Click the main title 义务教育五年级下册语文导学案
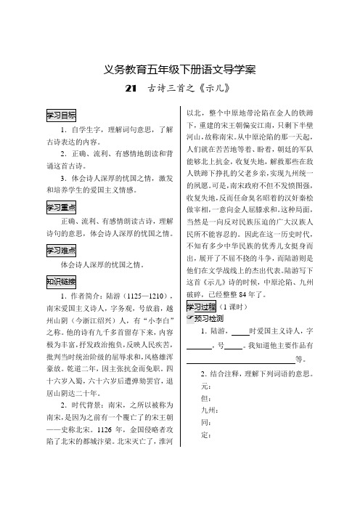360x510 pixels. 179,70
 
